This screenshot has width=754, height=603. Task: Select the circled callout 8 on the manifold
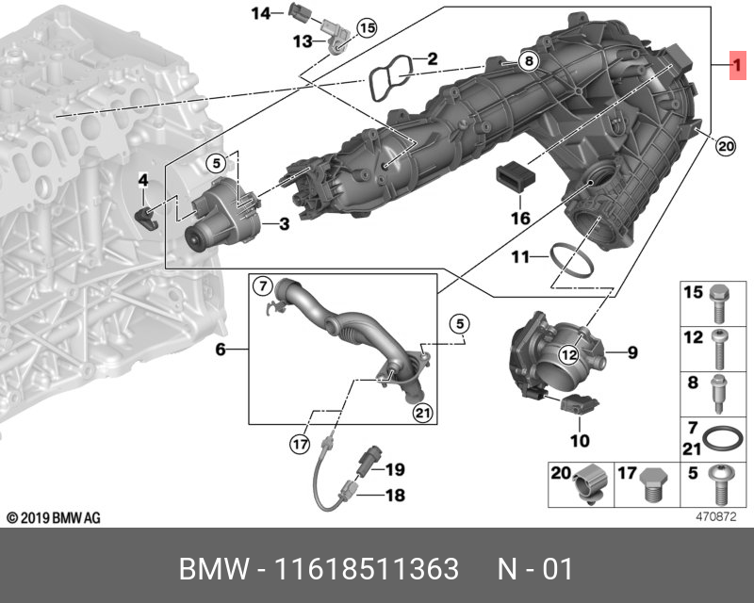pyautogui.click(x=529, y=61)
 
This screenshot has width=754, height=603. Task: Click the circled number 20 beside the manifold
pyautogui.click(x=724, y=145)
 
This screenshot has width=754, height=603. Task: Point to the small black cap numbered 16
pyautogui.click(x=516, y=175)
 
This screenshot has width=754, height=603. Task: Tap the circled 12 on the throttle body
pyautogui.click(x=568, y=354)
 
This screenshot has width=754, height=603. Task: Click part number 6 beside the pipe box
pyautogui.click(x=221, y=350)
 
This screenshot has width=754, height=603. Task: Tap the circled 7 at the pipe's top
pyautogui.click(x=264, y=285)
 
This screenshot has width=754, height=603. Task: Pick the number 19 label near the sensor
pyautogui.click(x=394, y=469)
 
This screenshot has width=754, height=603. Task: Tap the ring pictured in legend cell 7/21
pyautogui.click(x=722, y=438)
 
